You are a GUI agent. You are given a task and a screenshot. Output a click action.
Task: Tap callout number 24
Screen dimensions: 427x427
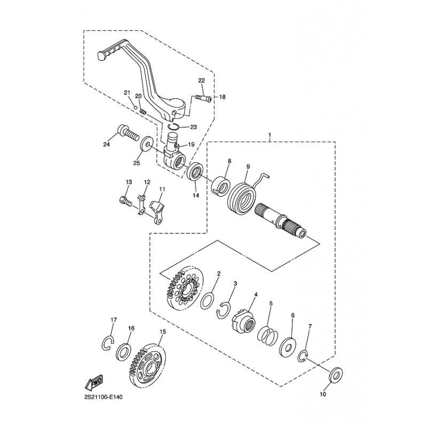click(x=106, y=144)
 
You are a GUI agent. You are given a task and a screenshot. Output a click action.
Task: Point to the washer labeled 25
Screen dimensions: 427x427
click(x=146, y=143)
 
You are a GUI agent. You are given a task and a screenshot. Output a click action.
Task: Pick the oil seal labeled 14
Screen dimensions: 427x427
click(x=195, y=171)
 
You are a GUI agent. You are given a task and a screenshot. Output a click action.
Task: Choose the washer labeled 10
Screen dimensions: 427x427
click(x=336, y=376)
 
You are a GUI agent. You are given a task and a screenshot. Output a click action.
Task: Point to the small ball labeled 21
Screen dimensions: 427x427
click(x=135, y=107)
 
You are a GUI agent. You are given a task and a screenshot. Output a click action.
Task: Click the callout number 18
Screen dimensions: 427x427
click(x=222, y=97)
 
